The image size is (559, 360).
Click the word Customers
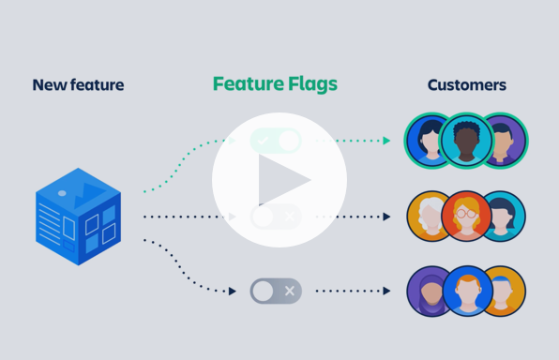coord(466,85)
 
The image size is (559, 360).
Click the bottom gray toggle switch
coord(276,291)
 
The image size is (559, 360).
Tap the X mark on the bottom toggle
coord(290,291)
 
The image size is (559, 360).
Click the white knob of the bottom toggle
coord(264,291)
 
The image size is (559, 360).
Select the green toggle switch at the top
coord(276,141)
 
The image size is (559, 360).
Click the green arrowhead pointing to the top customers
coord(386,141)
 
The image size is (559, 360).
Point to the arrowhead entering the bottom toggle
coord(233,291)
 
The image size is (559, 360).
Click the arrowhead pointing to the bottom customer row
coord(386,291)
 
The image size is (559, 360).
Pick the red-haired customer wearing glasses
coord(466,217)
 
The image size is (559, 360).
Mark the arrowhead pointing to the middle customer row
coord(386,217)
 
